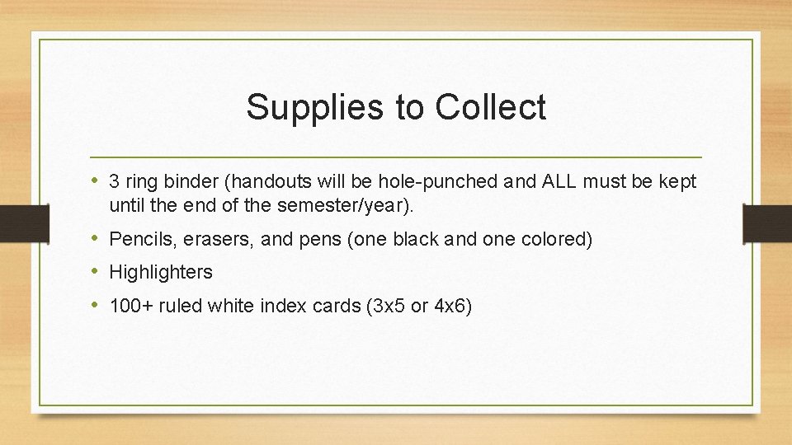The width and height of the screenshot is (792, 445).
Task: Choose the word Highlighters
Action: pyautogui.click(x=161, y=272)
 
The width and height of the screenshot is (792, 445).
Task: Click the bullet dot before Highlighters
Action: pyautogui.click(x=97, y=271)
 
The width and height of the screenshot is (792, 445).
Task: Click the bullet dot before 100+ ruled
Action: pyautogui.click(x=97, y=305)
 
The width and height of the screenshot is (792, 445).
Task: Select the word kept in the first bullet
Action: pyautogui.click(x=677, y=181)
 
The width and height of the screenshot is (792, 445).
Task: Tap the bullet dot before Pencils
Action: pyautogui.click(x=97, y=239)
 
